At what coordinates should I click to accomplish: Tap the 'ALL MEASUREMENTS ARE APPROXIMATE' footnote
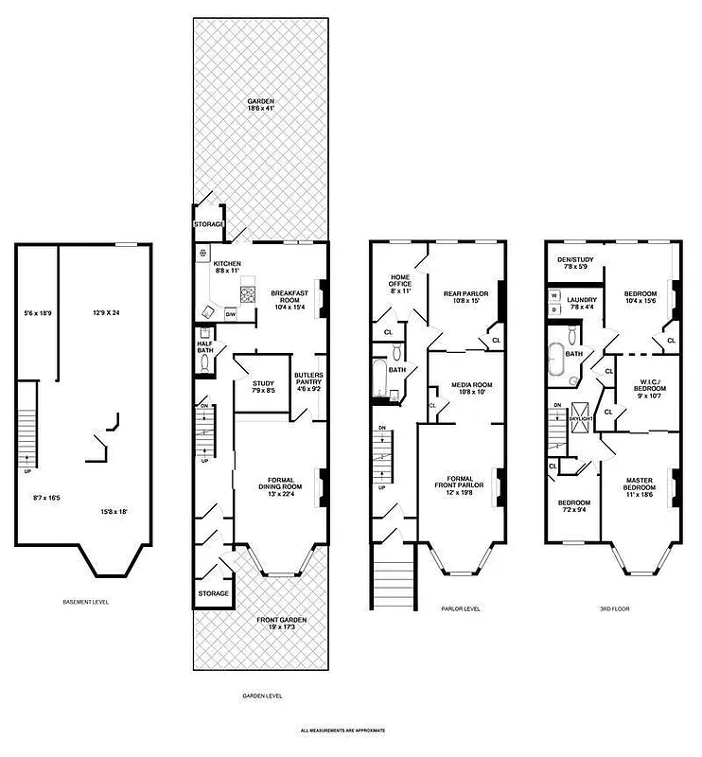coord(342,731)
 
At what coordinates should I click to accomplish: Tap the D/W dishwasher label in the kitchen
coord(230,313)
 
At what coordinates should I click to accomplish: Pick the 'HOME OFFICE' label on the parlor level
coord(401,284)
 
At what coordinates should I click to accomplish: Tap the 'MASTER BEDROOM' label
coord(639,482)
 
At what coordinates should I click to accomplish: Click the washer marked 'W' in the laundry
coord(553,295)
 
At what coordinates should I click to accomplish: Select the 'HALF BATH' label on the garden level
coord(205,347)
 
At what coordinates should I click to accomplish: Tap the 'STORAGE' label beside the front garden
coord(213,593)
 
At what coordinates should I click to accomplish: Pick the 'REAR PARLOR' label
coord(465,298)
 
